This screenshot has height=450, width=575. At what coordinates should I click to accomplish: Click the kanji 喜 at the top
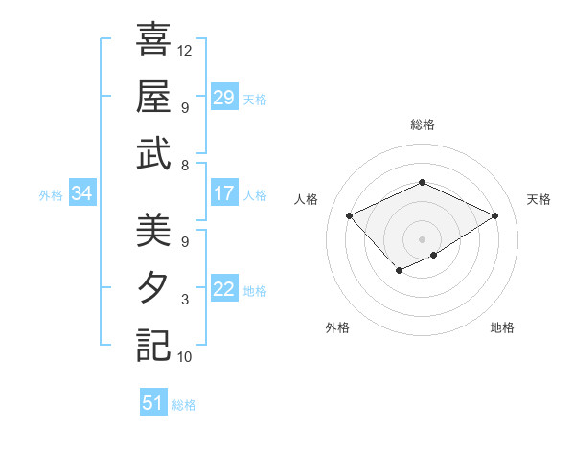pos(153,40)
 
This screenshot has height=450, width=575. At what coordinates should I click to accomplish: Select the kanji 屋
pos(153,97)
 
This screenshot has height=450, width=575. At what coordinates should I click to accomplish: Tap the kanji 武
pos(153,153)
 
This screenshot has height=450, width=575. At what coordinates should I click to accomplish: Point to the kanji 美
pos(153,231)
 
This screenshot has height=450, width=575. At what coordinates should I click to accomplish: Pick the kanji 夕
pos(153,287)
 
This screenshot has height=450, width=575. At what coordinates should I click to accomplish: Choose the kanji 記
pos(153,344)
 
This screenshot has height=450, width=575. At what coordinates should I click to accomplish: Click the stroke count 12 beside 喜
pos(185,50)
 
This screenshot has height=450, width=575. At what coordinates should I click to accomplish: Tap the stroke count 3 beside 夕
pos(185,300)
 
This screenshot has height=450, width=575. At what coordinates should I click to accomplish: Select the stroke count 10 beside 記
pos(185,357)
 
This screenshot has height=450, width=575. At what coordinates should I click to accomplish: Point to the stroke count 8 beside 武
pos(185,166)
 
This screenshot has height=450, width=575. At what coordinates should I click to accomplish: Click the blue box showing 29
pos(224,98)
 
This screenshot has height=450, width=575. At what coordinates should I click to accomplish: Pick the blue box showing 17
pos(224,193)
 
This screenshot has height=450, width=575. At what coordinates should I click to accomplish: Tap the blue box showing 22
pos(224,289)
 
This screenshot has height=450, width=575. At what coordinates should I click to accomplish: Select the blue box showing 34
pos(81,194)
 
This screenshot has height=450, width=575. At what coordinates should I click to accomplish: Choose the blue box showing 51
pos(153,403)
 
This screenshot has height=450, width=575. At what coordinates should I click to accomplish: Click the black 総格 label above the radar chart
pos(422,124)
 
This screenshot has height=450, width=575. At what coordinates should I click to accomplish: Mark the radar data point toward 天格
pos(494,216)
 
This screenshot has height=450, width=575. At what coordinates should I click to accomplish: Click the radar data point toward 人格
pos(350,215)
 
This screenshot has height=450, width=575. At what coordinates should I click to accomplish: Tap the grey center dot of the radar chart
pos(422,237)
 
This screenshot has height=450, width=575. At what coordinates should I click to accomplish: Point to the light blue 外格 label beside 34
pos(51,195)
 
